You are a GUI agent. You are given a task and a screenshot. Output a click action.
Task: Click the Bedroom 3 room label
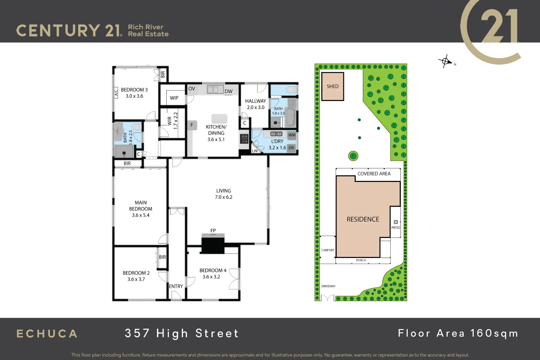tap(134, 90)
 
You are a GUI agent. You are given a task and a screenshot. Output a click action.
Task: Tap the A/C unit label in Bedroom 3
tap(116, 92)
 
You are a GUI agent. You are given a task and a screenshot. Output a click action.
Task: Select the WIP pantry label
tap(174, 98)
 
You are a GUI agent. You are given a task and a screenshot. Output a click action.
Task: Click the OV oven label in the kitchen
tap(192, 89)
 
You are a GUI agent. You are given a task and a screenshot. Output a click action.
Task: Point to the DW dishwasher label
tap(228, 91)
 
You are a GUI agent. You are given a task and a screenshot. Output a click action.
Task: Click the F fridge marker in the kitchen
tap(192, 125)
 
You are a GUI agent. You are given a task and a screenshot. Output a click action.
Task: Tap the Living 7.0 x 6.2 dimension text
tap(223, 197)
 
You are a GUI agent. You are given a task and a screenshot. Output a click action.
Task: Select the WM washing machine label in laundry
tap(292, 135)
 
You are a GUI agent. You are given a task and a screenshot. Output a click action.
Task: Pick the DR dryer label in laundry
tap(291, 148)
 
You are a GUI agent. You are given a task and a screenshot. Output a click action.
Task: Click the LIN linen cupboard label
tap(255, 151)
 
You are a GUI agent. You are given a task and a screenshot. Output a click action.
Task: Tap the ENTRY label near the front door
tap(176, 286)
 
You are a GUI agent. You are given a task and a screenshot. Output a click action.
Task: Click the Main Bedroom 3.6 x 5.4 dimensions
tap(141, 215)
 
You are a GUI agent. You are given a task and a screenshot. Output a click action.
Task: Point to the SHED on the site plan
tap(332, 86)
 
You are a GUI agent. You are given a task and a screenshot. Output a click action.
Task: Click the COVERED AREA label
tap(374, 174)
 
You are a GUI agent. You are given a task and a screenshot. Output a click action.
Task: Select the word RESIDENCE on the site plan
tap(363, 219)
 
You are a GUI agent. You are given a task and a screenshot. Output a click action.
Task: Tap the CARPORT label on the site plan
tap(328, 250)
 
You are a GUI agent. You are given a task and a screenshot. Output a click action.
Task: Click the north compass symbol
tap(445, 61)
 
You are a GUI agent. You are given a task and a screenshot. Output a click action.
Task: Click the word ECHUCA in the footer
tap(47, 334)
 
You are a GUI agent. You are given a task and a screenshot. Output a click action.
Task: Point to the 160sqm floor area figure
tap(494, 333)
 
